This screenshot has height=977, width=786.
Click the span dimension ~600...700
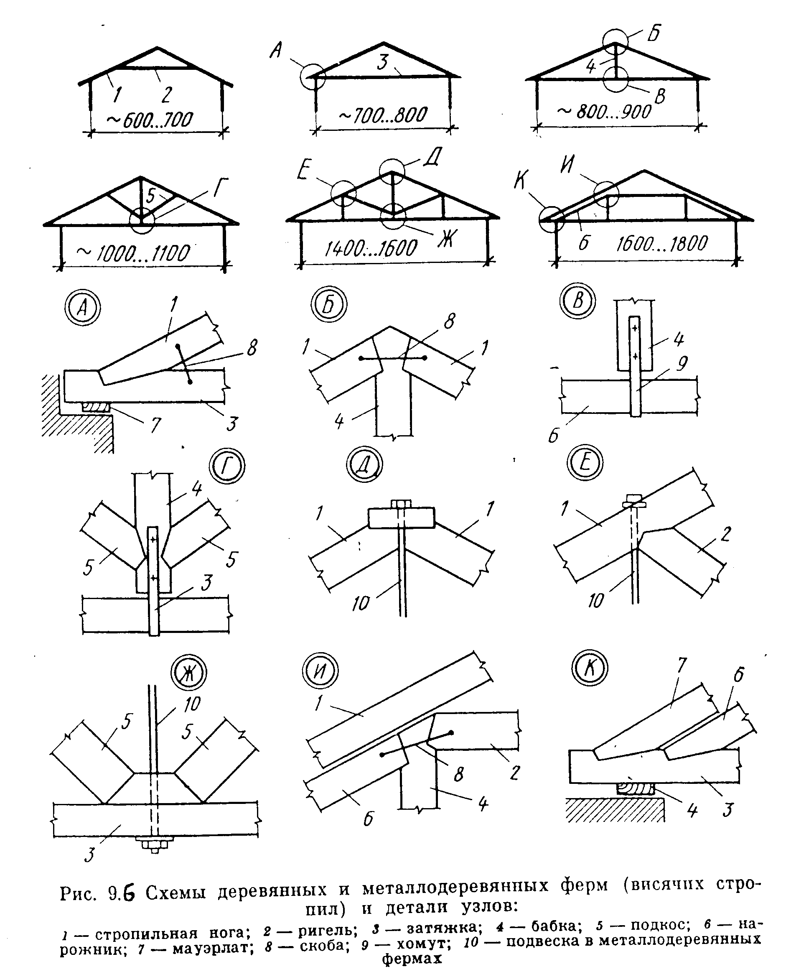(x=150, y=119)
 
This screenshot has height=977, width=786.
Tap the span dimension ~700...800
(x=383, y=115)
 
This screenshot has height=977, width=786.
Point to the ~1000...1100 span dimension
(x=134, y=253)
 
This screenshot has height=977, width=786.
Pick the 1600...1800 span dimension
(x=662, y=244)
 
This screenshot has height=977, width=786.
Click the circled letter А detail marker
(x=83, y=308)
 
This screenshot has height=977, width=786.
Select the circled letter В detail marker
(x=577, y=301)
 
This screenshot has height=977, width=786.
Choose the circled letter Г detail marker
(x=227, y=466)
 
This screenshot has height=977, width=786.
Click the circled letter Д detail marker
(x=365, y=464)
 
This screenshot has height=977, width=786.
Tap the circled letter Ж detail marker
(x=188, y=673)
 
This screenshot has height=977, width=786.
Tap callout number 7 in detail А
(x=155, y=426)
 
